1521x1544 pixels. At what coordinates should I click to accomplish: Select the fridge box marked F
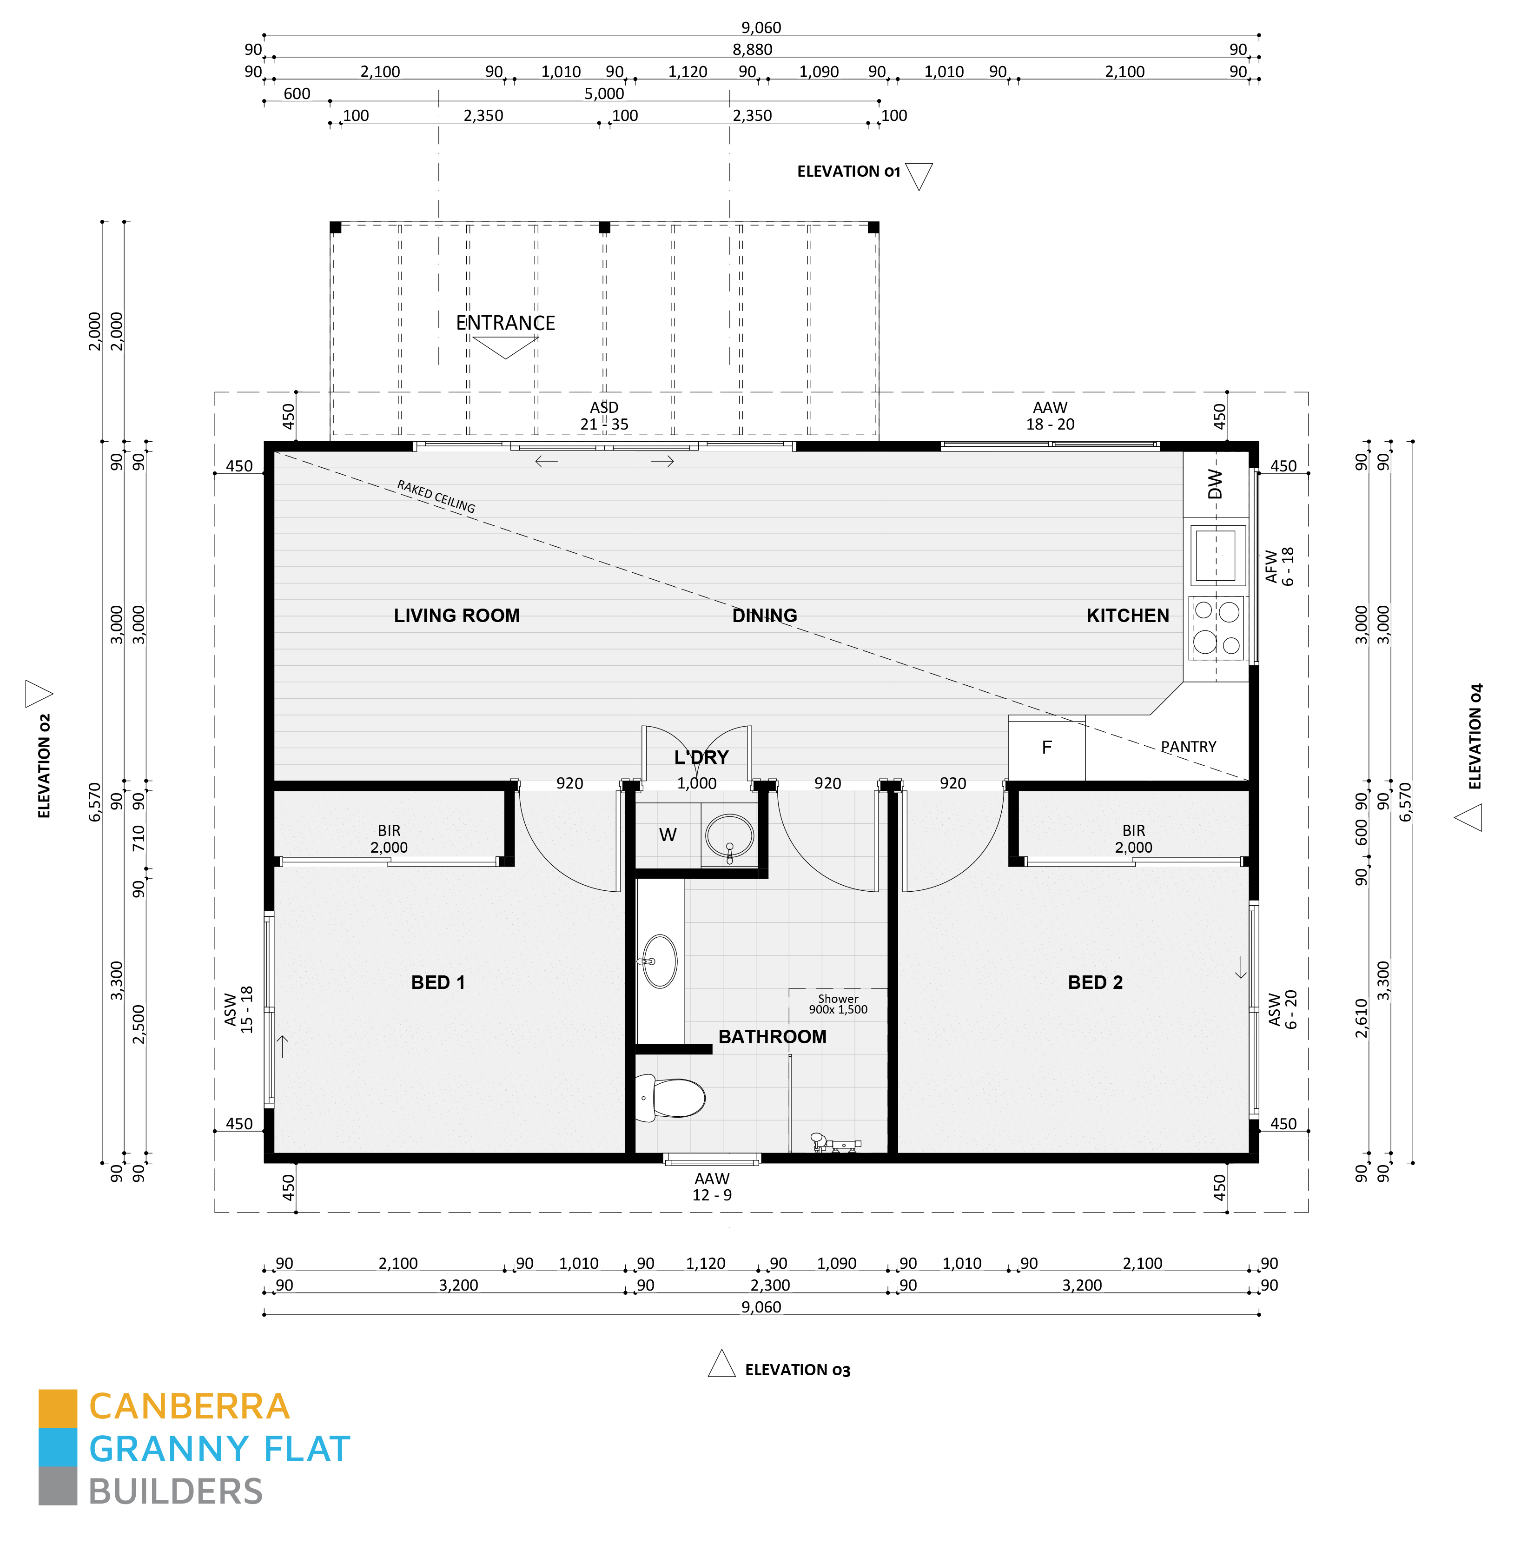[x=1046, y=748]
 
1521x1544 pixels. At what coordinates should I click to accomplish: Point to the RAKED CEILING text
[x=436, y=496]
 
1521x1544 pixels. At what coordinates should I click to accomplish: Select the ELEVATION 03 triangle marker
[x=721, y=1364]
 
